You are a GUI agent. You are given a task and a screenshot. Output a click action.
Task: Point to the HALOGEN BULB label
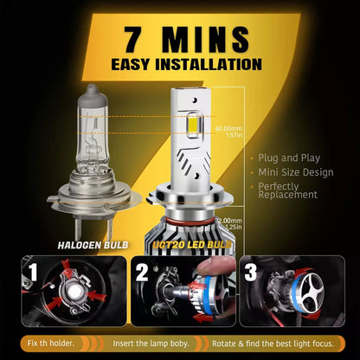pyautogui.click(x=87, y=245)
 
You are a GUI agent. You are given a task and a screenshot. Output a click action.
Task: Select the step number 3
pyautogui.click(x=251, y=273)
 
